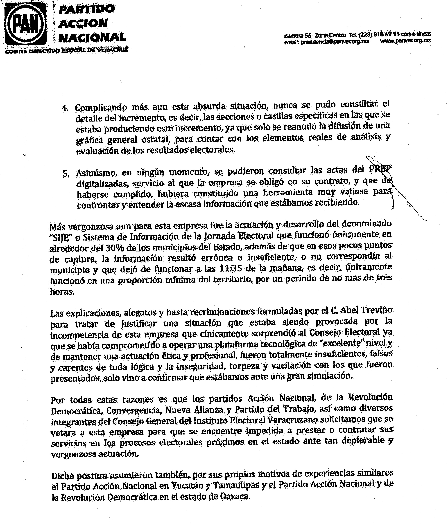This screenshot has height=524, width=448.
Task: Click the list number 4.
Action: point(65,108)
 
